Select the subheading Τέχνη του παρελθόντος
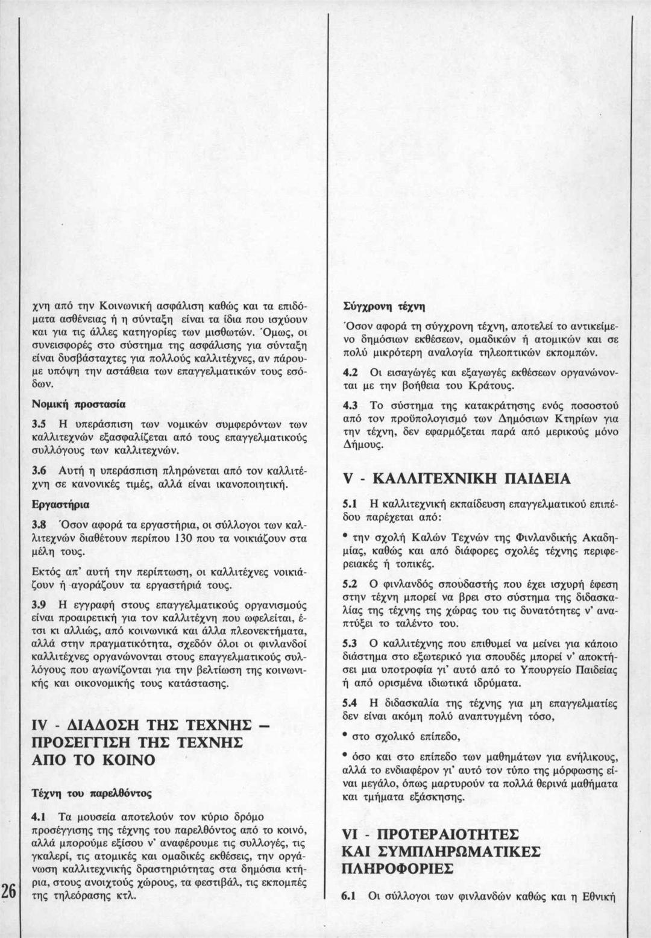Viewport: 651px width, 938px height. coord(91,794)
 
